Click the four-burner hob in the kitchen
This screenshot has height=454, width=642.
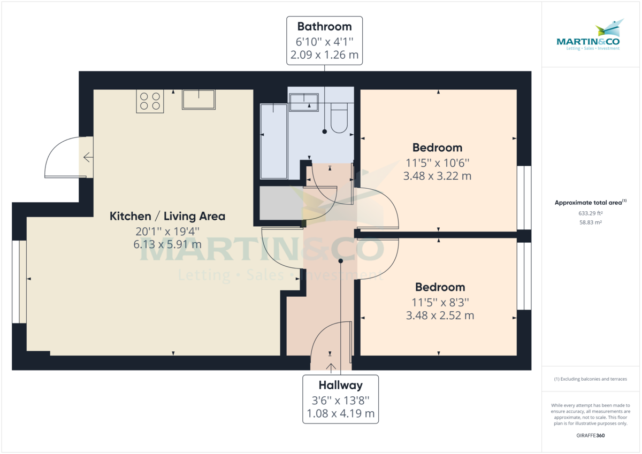pos(150,101)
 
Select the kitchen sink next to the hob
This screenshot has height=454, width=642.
pos(198,99)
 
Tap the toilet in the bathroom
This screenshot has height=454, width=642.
pos(339,119)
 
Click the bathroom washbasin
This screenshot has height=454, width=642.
pos(303,102)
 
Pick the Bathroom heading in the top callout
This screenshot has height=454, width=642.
pos(324,26)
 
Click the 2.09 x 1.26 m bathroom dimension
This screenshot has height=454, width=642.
pos(324,54)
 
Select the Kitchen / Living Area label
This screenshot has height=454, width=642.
pos(167,217)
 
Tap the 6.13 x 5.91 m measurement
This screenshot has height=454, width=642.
pos(167,244)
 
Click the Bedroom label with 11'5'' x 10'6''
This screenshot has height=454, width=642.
pos(437,148)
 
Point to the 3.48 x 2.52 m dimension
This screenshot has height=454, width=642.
pos(440,316)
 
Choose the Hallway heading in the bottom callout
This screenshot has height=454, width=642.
pos(341,385)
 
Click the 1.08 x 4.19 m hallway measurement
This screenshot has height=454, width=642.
pos(341,413)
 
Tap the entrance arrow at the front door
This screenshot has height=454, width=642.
pos(331,367)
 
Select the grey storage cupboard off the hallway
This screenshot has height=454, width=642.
pos(280,203)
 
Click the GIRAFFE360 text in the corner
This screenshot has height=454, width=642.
pos(591,436)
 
